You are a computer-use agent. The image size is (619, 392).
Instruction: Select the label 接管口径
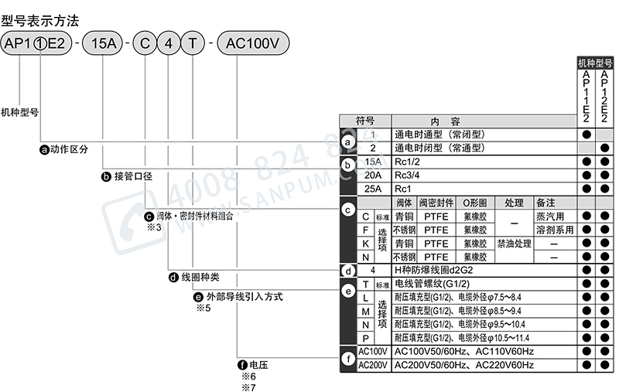132,176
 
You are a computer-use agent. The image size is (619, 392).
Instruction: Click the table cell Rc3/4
410,176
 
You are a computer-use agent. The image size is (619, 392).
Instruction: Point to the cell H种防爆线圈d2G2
439,271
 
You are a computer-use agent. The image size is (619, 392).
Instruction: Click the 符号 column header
364,121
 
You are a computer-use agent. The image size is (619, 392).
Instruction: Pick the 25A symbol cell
373,189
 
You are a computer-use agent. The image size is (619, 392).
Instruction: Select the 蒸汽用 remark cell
549,216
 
